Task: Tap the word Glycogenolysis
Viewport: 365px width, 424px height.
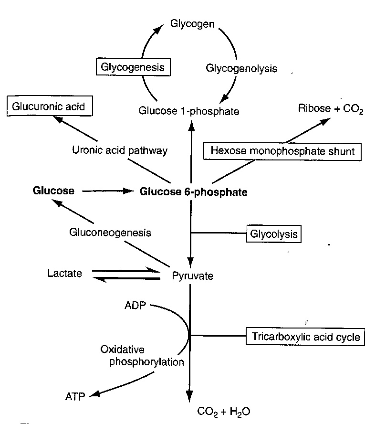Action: point(241,68)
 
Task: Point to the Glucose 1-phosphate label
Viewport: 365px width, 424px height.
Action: point(189,111)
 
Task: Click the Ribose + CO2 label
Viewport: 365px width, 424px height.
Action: point(331,108)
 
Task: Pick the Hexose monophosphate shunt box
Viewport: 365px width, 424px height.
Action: point(282,151)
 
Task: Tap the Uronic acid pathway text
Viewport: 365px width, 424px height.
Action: point(120,150)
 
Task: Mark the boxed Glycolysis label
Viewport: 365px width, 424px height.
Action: point(274,234)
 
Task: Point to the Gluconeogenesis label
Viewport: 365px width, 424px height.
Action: point(110,233)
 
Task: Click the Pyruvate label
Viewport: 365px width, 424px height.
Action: point(192,276)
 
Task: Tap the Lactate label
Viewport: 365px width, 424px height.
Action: point(64,274)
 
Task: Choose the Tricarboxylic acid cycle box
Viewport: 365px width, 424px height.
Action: point(305,337)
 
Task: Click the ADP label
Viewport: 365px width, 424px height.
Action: point(135,306)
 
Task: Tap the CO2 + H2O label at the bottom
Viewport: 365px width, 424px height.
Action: point(223,411)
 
